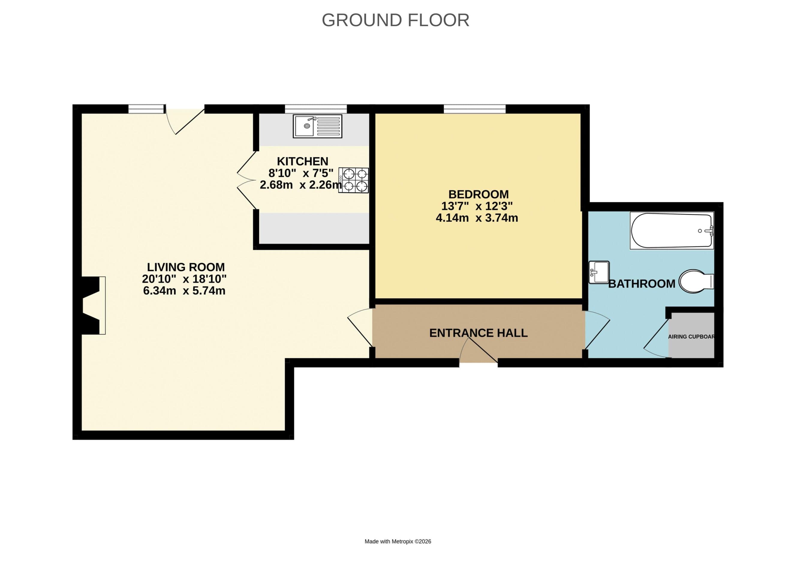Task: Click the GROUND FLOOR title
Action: click(395, 20)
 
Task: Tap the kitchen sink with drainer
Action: click(317, 126)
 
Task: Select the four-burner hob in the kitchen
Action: click(354, 180)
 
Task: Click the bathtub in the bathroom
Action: click(671, 231)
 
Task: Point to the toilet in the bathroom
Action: click(695, 281)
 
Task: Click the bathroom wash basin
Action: click(599, 272)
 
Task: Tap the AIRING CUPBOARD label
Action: click(691, 337)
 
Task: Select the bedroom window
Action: click(475, 109)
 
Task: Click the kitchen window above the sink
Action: click(315, 109)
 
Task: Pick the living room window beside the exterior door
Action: click(146, 109)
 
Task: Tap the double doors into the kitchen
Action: click(247, 180)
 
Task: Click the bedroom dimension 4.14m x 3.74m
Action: click(477, 218)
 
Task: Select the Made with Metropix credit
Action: click(398, 541)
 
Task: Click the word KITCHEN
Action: click(303, 161)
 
